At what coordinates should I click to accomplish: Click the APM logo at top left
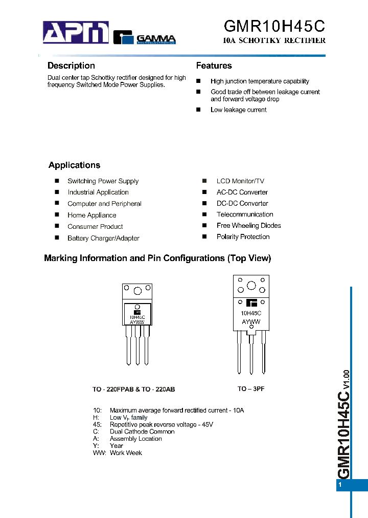click(76, 33)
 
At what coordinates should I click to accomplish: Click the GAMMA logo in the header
click(144, 37)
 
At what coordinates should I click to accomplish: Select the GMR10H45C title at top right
click(274, 26)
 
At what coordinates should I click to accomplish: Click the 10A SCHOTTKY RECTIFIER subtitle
click(274, 40)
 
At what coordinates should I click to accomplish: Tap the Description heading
click(71, 66)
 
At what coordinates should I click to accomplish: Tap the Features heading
click(214, 66)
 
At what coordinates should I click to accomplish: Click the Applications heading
click(74, 165)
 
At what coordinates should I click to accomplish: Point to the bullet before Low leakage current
click(198, 110)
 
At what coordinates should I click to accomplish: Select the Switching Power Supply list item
click(103, 181)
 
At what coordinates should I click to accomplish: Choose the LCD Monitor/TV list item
click(240, 181)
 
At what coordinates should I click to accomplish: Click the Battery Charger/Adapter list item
click(103, 238)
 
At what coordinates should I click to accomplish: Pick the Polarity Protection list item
click(243, 237)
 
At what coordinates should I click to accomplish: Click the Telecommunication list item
click(245, 214)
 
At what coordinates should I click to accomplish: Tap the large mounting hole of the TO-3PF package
click(251, 286)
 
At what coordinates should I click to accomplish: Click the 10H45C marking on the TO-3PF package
click(251, 313)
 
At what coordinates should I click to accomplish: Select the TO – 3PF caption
click(251, 389)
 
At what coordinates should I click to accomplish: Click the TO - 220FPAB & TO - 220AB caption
click(133, 390)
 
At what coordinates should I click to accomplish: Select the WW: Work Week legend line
click(118, 453)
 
